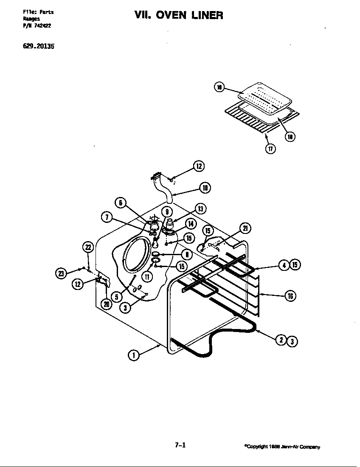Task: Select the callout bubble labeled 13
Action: (x=200, y=208)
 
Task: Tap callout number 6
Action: (x=121, y=203)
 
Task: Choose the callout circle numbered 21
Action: (x=245, y=228)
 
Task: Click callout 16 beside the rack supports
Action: (x=290, y=296)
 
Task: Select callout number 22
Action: (x=87, y=248)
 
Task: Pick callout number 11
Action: (x=147, y=277)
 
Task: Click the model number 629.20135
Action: (x=39, y=47)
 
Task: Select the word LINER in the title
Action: (x=207, y=16)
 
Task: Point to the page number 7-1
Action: (x=180, y=445)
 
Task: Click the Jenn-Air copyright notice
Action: (x=282, y=447)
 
